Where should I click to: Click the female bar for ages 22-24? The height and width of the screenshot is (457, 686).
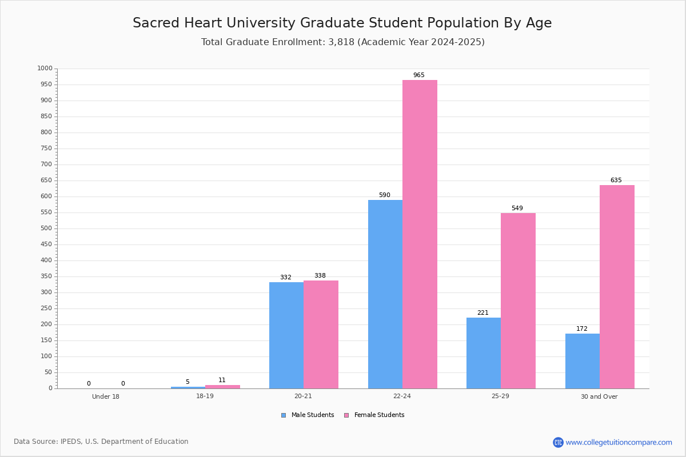tap(420, 234)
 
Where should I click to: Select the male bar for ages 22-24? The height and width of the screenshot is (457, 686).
tap(385, 294)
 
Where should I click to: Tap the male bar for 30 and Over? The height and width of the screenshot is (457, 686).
tap(582, 361)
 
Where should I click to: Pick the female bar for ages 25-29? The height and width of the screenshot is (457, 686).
tap(518, 300)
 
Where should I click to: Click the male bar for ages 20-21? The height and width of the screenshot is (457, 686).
tap(286, 335)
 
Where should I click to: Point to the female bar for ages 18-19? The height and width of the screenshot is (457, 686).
tap(222, 387)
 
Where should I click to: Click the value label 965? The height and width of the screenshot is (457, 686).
tap(419, 75)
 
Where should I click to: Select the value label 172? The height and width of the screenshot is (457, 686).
tap(582, 329)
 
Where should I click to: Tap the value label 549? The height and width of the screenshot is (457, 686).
tap(517, 209)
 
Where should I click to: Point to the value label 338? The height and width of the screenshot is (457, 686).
tap(320, 276)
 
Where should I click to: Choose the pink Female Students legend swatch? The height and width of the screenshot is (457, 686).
tap(346, 415)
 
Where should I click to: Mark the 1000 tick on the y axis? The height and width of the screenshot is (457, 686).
tap(45, 69)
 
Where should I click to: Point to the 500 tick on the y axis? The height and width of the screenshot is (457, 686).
tap(46, 228)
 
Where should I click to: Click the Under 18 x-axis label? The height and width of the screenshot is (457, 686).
tap(106, 396)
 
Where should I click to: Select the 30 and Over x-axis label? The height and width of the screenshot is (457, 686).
tap(599, 396)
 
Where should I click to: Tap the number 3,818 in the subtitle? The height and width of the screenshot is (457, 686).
tap(341, 42)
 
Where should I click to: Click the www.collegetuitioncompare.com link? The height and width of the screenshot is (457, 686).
tap(619, 442)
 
